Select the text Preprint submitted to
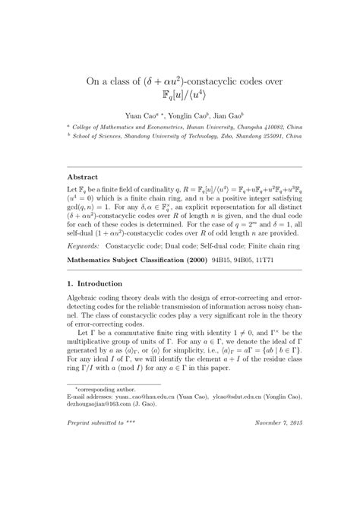[90, 483]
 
